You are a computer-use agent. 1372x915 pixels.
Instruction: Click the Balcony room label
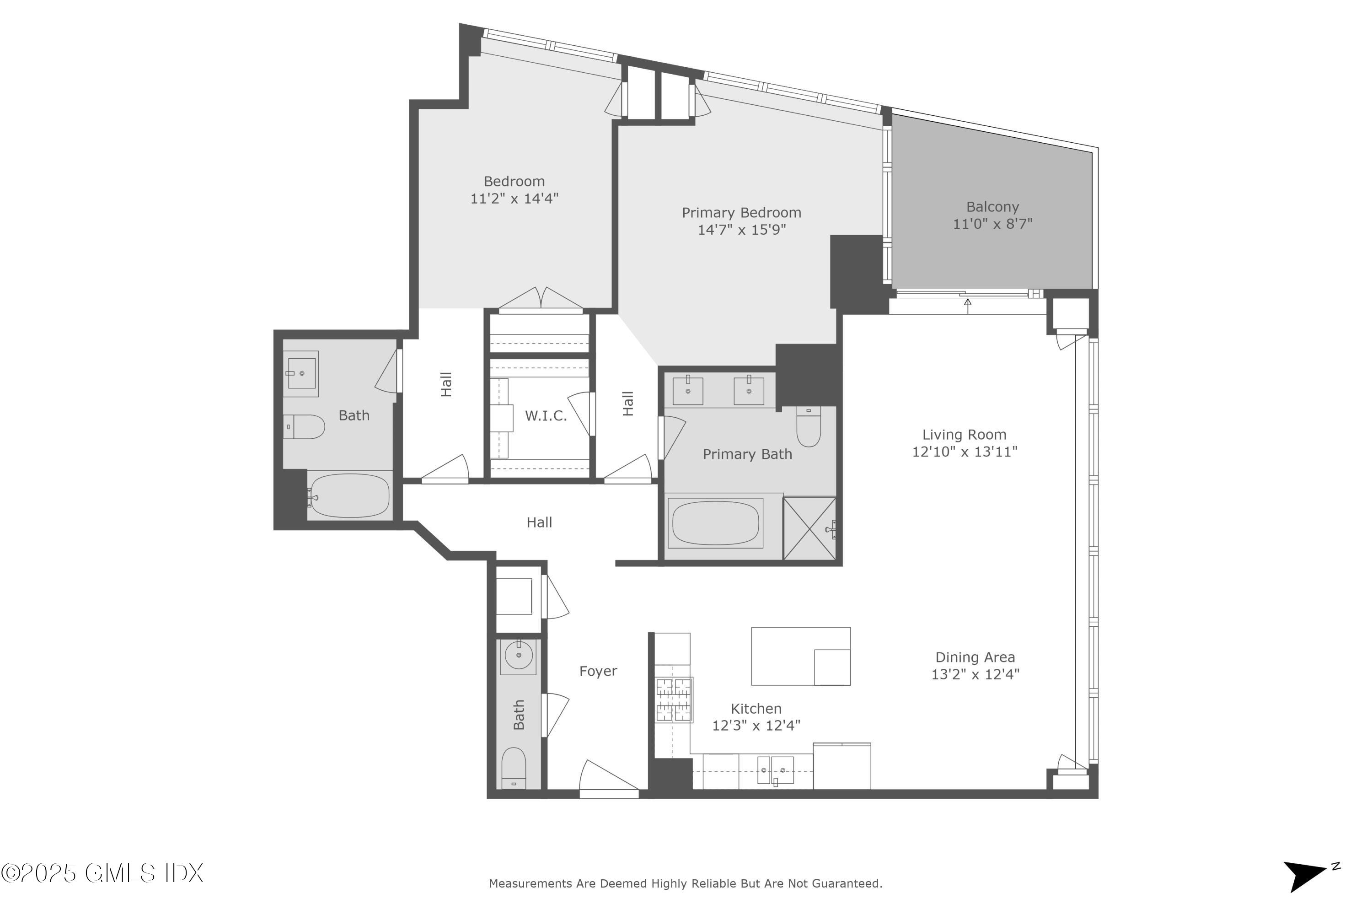tap(992, 207)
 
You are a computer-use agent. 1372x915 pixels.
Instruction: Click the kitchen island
tap(800, 657)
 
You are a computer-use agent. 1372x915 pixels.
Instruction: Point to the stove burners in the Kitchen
tap(674, 700)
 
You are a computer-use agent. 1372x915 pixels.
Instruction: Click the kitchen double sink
tap(775, 770)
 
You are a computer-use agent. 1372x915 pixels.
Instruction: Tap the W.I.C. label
tap(546, 416)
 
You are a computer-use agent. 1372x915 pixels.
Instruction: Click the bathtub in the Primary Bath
tap(716, 523)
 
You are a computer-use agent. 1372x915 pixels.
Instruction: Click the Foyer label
tap(598, 672)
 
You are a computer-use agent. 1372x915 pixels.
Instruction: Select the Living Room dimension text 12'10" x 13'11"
tap(964, 452)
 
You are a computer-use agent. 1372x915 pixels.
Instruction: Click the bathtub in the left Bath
tap(349, 495)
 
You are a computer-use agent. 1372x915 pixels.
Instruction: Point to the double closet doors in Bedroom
tap(541, 299)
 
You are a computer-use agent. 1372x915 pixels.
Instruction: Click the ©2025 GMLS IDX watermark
tap(102, 873)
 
